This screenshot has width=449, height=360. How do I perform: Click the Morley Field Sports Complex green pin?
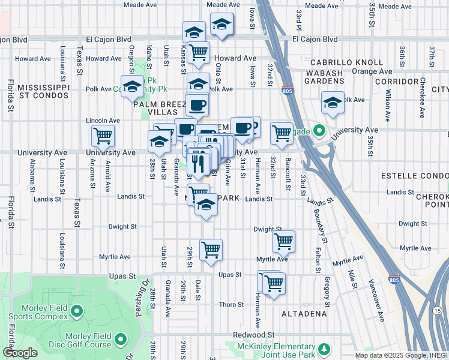tap(76, 311)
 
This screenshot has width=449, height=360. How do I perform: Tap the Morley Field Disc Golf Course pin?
tap(120, 340)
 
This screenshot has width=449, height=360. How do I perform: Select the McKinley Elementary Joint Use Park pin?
tap(324, 349)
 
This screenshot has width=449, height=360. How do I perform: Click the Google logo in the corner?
tap(20, 353)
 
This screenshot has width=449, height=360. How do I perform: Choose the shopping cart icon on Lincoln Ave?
tap(103, 136)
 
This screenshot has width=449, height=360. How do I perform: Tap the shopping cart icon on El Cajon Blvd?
tap(198, 52)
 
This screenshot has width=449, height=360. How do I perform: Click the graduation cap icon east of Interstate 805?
tap(332, 102)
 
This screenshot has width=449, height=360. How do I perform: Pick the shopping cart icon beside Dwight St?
tap(283, 241)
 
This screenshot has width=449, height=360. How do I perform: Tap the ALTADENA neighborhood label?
tap(304, 313)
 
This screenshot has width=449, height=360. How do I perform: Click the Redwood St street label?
tap(253, 334)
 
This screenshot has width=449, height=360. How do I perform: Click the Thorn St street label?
tap(231, 304)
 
